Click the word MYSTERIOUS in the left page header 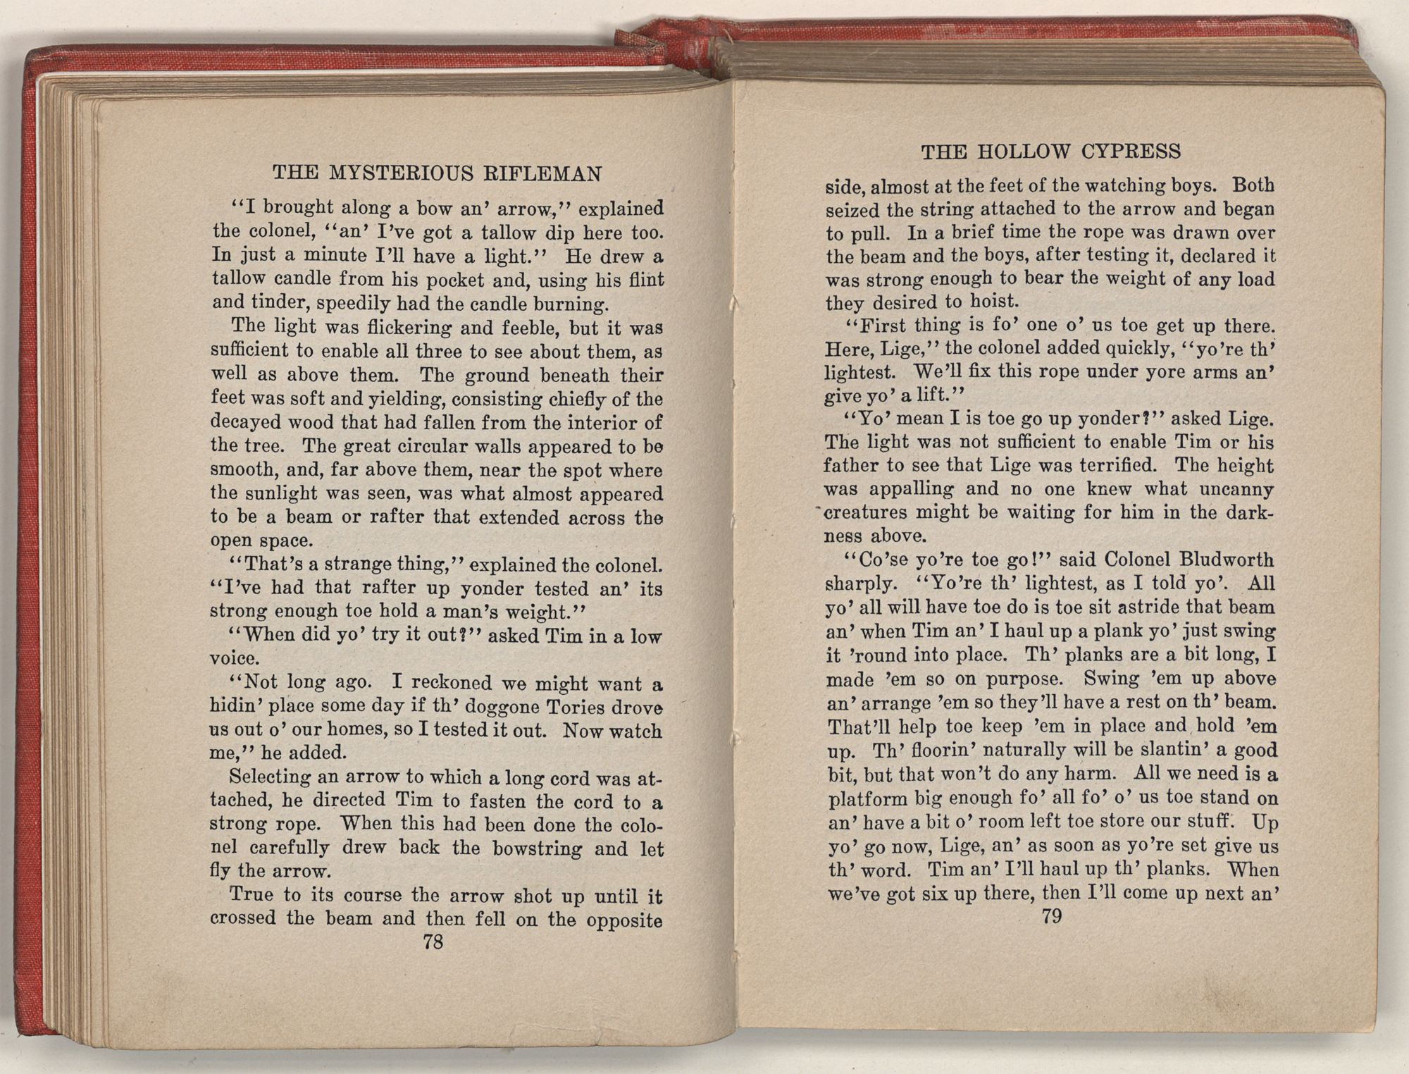[395, 173]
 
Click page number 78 [433, 942]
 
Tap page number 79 [1050, 916]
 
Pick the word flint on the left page [646, 280]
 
